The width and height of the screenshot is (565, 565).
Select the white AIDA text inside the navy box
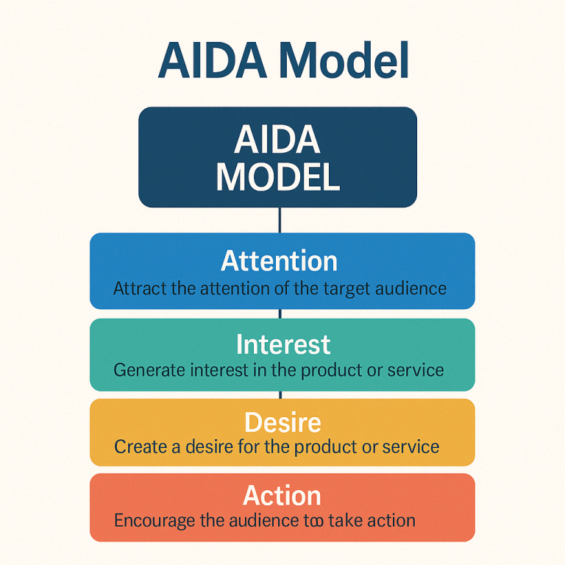pyautogui.click(x=277, y=140)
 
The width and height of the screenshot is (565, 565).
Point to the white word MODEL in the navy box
pyautogui.click(x=277, y=177)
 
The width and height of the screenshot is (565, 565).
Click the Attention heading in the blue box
pyautogui.click(x=279, y=261)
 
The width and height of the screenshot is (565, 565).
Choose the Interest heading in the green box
pyautogui.click(x=283, y=344)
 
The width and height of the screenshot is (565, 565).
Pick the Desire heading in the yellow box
pyautogui.click(x=282, y=422)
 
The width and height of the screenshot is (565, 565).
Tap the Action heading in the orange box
pyautogui.click(x=282, y=495)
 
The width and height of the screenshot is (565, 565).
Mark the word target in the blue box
pyautogui.click(x=348, y=288)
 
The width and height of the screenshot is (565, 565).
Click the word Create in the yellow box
pyautogui.click(x=137, y=446)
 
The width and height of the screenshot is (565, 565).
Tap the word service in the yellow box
pyautogui.click(x=411, y=446)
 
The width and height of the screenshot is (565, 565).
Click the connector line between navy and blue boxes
pyautogui.click(x=279, y=220)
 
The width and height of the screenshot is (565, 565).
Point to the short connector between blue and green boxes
pyautogui.click(x=279, y=314)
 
